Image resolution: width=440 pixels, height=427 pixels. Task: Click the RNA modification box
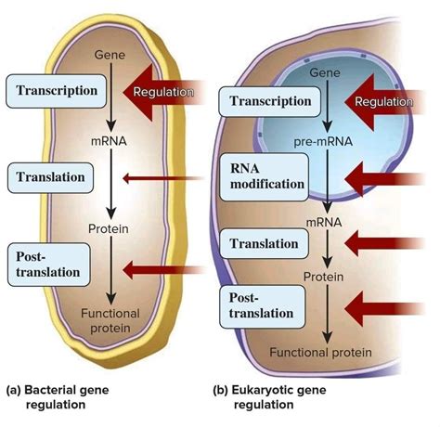267,175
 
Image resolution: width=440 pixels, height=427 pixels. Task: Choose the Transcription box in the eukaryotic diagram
267,101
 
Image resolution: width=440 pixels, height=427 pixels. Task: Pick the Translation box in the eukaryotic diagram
265,243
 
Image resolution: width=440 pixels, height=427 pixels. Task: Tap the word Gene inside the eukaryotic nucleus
327,71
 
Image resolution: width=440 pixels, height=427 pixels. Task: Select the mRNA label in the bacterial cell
110,142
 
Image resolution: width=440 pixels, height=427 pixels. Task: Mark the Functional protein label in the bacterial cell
110,320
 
